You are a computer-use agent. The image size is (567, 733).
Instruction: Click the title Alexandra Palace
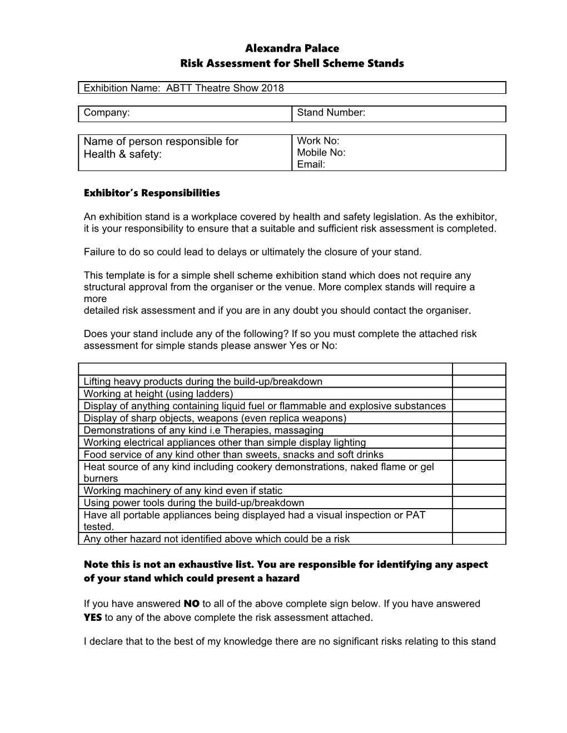292,48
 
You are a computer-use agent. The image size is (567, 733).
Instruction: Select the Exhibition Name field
292,88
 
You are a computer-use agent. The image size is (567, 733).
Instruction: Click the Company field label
107,113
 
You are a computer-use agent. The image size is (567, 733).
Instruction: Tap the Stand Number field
398,113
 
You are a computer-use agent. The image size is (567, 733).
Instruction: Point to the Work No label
318,141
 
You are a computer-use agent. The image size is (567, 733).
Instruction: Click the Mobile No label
321,153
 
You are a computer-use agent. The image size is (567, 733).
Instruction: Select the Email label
311,164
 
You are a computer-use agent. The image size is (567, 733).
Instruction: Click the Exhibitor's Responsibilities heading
152,193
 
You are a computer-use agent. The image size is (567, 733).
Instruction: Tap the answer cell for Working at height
478,394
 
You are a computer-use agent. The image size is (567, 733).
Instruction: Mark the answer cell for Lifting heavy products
478,381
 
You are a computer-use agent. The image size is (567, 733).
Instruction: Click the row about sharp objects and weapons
215,418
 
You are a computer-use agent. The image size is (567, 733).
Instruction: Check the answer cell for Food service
478,455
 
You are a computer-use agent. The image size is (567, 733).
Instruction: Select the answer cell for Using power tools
478,503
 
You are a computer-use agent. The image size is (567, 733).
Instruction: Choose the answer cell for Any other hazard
478,539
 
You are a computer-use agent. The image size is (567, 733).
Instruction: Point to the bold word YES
93,617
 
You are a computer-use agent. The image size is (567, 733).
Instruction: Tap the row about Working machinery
183,491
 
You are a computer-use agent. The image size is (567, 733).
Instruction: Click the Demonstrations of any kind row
203,430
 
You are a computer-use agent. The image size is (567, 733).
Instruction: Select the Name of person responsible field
185,153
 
